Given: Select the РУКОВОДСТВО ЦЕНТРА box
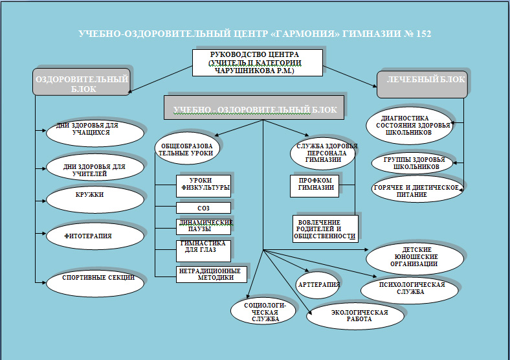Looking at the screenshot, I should click(x=256, y=62).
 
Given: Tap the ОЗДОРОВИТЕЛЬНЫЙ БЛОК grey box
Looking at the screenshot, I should click(x=81, y=84).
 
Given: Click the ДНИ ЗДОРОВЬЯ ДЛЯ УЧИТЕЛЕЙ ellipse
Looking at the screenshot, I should click(x=94, y=169).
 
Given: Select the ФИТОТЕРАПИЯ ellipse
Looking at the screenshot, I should click(x=94, y=236).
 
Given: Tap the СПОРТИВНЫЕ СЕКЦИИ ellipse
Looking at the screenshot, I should click(x=94, y=279).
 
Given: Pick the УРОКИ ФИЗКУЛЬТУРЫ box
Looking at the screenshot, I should click(x=203, y=186).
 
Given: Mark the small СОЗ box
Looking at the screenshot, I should click(x=203, y=208).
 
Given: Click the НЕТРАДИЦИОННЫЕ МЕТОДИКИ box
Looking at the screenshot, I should click(x=211, y=273).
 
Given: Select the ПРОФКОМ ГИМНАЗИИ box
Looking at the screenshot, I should click(x=315, y=185).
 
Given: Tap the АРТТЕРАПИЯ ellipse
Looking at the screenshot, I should click(x=318, y=284).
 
